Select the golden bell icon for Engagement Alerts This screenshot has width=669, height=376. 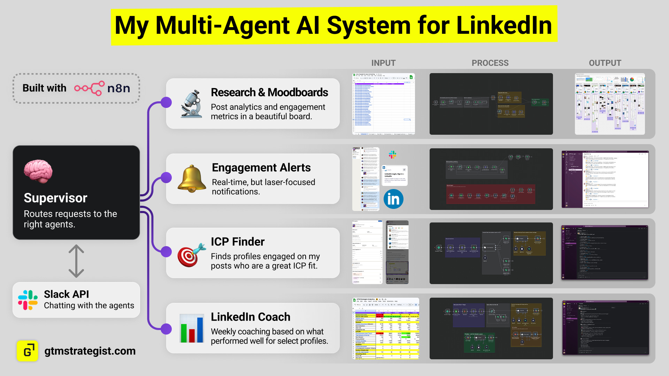tap(192, 179)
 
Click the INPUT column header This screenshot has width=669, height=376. tap(383, 63)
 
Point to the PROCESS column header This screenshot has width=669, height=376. tap(490, 63)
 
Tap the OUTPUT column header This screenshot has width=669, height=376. tap(605, 63)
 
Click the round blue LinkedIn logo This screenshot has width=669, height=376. tap(393, 199)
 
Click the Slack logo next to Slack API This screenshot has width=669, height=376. tap(28, 300)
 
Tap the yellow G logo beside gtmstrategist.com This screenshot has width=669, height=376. tap(28, 351)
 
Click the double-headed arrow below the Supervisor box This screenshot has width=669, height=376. tap(76, 261)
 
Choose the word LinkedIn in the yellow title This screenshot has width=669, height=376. tap(504, 25)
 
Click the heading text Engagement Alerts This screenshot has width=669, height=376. tap(261, 167)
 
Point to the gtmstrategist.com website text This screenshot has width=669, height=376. tap(90, 351)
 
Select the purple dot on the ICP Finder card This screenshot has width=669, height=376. tap(166, 251)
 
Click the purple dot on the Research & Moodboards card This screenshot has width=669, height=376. tap(166, 102)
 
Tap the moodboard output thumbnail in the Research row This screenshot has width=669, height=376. tap(610, 104)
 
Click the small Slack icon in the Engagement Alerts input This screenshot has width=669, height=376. tap(393, 155)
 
